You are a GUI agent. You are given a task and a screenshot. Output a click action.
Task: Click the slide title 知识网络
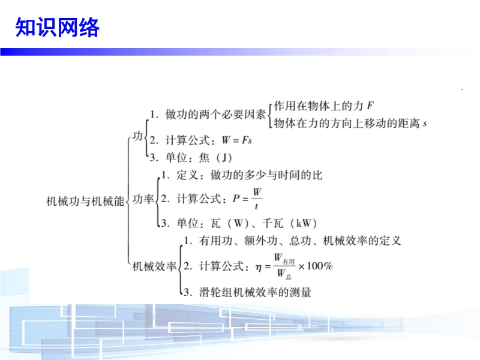click(x=57, y=27)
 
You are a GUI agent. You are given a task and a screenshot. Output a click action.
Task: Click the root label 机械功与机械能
click(x=85, y=201)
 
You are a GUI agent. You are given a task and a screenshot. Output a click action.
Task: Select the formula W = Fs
click(x=237, y=140)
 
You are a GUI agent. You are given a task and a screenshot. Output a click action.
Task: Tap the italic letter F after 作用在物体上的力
click(x=370, y=106)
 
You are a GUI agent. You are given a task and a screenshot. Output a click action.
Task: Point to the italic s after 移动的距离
click(x=425, y=124)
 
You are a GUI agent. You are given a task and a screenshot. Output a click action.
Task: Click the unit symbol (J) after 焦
click(x=224, y=158)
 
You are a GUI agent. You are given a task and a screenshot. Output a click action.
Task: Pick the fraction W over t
click(x=257, y=199)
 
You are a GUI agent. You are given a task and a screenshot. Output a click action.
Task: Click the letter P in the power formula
click(x=236, y=199)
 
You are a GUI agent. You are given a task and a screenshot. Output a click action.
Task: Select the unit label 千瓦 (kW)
click(x=289, y=223)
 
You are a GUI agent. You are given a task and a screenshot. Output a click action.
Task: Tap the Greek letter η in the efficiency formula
click(x=259, y=268)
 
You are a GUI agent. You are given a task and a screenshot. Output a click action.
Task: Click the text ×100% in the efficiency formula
click(x=316, y=266)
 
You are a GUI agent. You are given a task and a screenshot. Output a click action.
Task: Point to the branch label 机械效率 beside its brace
click(x=155, y=266)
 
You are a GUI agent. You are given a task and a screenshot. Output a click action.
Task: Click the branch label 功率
click(x=143, y=199)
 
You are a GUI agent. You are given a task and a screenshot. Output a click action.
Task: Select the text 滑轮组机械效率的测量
click(x=255, y=292)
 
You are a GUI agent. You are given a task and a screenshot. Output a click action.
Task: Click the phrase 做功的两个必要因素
click(x=215, y=115)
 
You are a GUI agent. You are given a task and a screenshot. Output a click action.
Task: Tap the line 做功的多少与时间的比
click(x=266, y=175)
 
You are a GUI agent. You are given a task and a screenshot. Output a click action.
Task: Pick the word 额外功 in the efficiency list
click(x=260, y=241)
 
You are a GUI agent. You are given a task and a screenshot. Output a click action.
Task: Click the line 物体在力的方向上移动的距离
click(x=347, y=124)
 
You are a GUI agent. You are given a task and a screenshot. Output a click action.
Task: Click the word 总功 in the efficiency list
click(x=300, y=241)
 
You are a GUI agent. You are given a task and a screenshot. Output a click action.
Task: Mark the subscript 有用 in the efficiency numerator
click(x=289, y=262)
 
